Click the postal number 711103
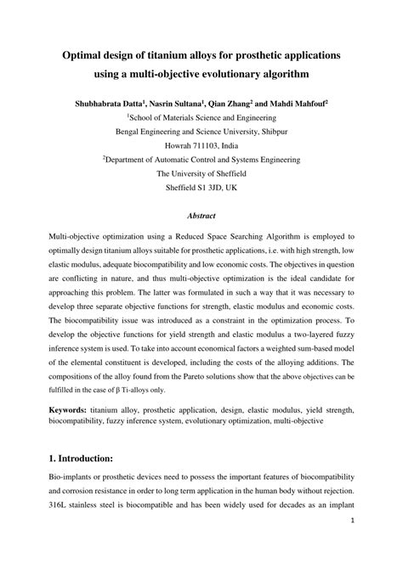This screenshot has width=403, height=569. coord(213,145)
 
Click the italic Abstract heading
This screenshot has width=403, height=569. coord(201,217)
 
